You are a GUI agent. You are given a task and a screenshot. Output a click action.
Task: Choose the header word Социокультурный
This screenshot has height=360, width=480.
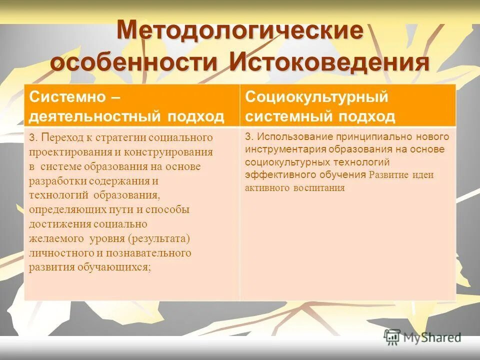tap(316, 96)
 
